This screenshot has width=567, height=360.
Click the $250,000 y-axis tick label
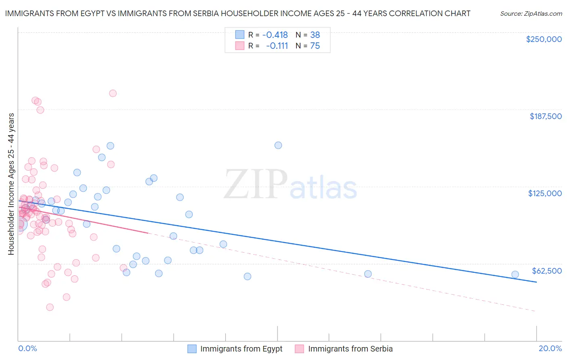pos(544,39)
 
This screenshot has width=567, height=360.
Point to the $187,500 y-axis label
pos(545,116)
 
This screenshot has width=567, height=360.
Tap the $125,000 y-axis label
pos(545,193)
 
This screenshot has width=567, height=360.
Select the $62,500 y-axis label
pos(546,271)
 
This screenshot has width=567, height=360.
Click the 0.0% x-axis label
pos(27,348)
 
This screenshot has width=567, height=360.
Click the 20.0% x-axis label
pos(550,348)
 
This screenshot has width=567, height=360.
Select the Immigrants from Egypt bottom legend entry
pos(241,349)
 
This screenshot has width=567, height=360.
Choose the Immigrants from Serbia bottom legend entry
pos(350,349)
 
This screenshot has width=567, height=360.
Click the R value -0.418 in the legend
pos(275,35)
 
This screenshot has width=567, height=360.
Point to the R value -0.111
pos(277,46)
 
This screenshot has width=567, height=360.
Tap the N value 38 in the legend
pos(315,35)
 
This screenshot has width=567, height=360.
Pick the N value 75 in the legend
pos(315,46)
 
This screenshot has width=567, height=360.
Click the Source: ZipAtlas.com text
pos(531,14)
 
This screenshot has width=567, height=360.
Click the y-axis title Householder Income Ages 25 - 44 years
pos(11,184)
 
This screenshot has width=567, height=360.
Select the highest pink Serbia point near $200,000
pos(113,93)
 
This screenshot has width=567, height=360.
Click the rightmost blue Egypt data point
pos(515,274)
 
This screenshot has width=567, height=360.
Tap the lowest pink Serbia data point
pos(50,307)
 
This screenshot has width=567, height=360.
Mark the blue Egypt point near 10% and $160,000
pos(278,145)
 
